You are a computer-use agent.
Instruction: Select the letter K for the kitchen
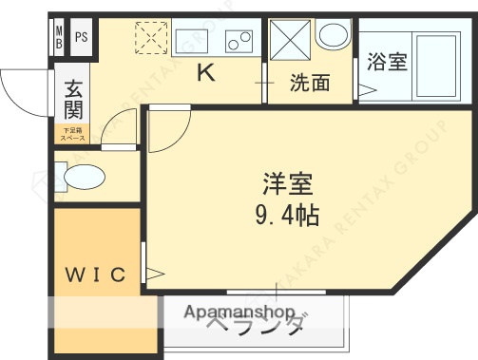(204, 71)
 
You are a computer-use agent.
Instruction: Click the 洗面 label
(310, 84)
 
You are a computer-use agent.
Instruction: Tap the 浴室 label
(387, 64)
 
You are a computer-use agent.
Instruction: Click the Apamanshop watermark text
(239, 313)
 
